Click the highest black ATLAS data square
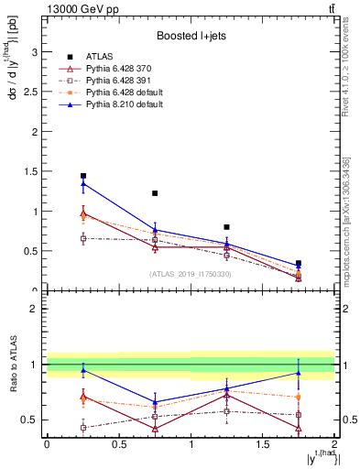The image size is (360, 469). pos(83,176)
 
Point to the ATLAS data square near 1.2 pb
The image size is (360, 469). pos(155,193)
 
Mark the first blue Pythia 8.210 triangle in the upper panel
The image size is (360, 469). pos(83,184)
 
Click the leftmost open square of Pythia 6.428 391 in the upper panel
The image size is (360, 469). pos(83,238)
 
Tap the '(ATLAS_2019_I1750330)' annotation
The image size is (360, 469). pos(190,274)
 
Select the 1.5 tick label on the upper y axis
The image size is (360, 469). pos(32,171)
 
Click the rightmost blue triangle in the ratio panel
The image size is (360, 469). pos(299,373)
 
